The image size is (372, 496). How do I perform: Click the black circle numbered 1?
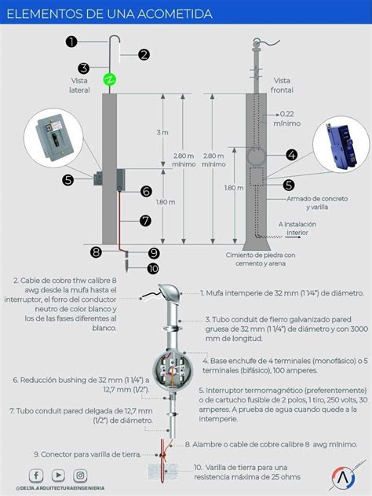[x=71, y=42]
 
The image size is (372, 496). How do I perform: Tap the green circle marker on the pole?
[x=110, y=79]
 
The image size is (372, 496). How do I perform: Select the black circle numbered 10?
[x=153, y=268]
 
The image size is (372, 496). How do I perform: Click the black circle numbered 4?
[x=291, y=156]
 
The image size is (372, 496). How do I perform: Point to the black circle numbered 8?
[x=96, y=252]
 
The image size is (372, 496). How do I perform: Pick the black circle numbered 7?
[x=145, y=221]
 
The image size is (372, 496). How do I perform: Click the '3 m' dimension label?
[x=162, y=132]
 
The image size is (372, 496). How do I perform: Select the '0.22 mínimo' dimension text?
[x=286, y=118]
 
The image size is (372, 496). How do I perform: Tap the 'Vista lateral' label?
[x=80, y=86]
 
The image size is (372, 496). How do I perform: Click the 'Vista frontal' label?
[x=282, y=86]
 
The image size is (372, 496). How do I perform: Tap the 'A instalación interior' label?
[x=298, y=228]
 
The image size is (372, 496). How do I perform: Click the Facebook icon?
[x=36, y=476]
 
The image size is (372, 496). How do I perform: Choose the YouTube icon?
[x=58, y=476]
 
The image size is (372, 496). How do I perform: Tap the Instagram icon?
[x=80, y=476]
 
